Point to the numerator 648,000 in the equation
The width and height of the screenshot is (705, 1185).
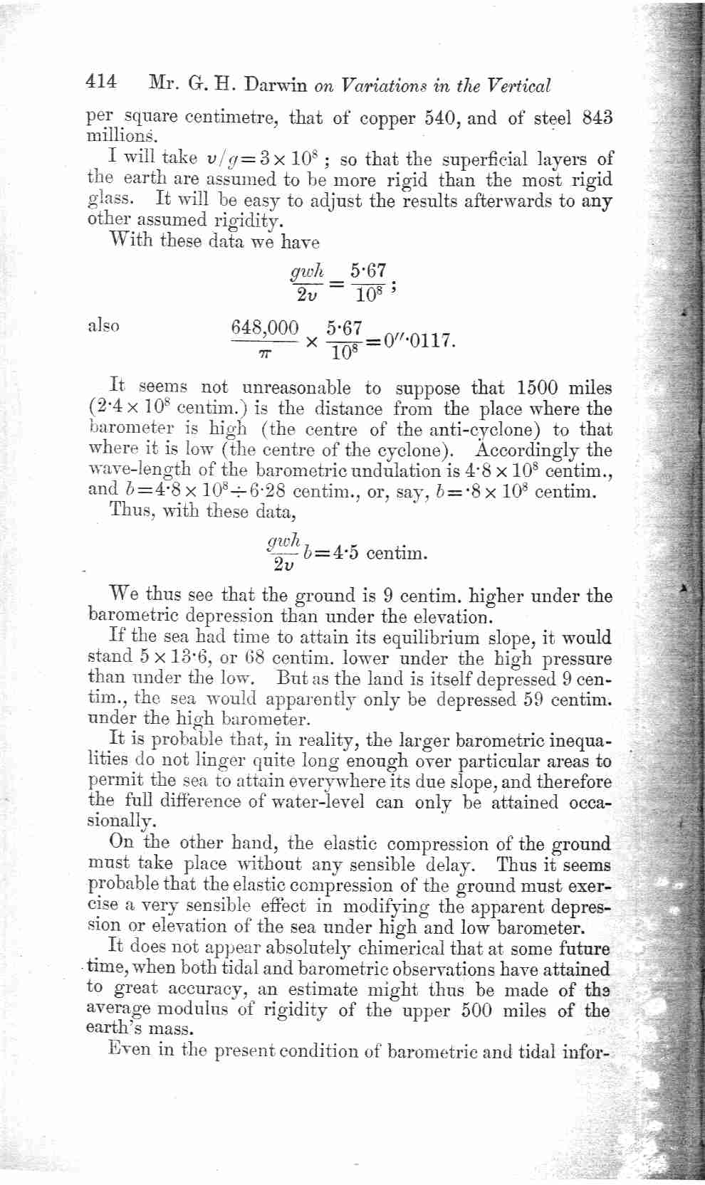coord(265,328)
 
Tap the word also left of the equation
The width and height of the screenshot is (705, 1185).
coord(103,326)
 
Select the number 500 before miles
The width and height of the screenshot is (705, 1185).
coord(476,1010)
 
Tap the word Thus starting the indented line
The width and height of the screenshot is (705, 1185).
coord(129,511)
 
